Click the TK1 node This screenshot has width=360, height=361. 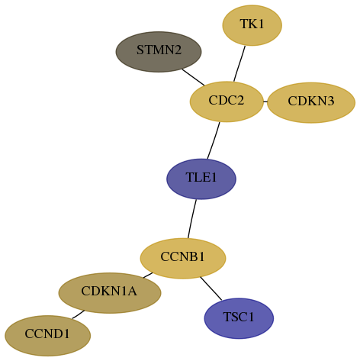pos(252,25)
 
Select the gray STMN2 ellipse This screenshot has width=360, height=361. pos(159,52)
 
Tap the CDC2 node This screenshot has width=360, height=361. pos(227,102)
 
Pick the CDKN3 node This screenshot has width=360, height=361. pos(311,102)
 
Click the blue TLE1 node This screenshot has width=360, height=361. pos(201,179)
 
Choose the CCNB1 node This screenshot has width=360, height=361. pos(183,258)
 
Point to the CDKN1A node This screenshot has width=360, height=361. pos(110,293)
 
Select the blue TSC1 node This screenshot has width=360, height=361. pos(239,318)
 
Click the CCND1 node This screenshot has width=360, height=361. pos(47,336)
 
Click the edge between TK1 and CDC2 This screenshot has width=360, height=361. pos(239,64)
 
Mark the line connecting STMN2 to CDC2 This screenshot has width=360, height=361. pos(193,77)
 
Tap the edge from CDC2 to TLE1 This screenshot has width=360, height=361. pos(214,140)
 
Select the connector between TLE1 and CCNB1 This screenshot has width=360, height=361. pos(192,219)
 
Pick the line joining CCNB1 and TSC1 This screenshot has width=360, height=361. pos(211,288)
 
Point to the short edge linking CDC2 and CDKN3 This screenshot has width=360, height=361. pos(265,102)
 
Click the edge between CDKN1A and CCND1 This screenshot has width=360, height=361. pos(78,314)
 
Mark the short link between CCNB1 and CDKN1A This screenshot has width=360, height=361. pos(148,276)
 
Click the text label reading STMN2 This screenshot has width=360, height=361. pos(159,50)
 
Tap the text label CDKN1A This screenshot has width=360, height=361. pos(109,291)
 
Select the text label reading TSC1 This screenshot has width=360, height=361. pos(239,317)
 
